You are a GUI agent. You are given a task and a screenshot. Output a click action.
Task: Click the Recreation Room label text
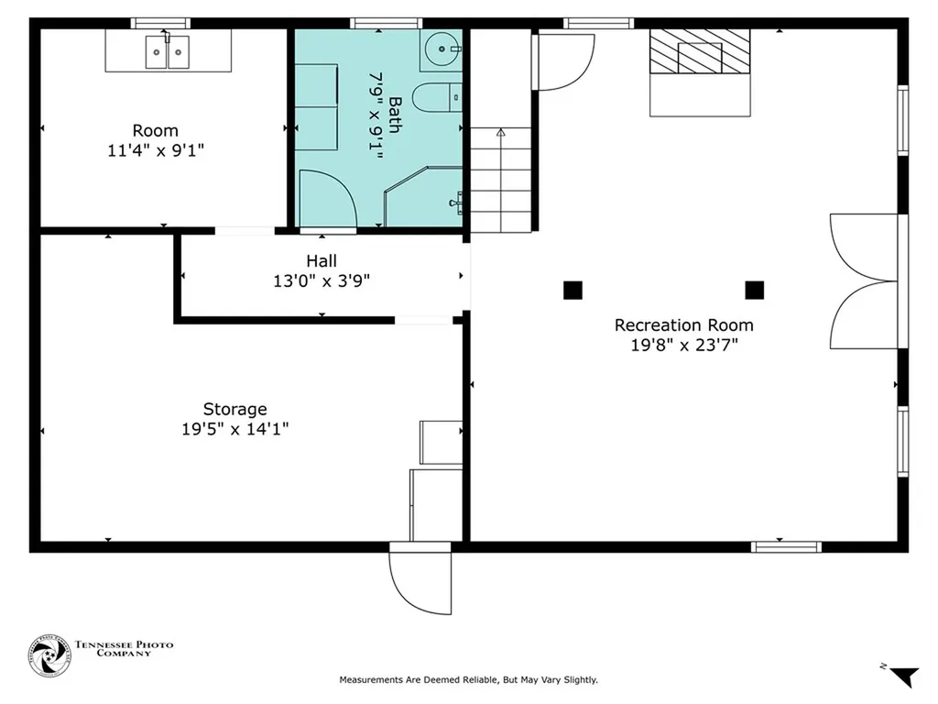click(683, 325)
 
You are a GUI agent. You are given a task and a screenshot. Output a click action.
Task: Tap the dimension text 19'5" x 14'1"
click(234, 428)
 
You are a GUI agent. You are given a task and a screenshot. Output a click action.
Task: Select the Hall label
click(322, 261)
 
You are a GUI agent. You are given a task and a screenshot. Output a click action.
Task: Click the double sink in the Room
click(168, 52)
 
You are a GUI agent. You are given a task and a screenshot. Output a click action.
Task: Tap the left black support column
click(573, 291)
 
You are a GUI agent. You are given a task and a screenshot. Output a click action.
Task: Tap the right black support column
click(754, 291)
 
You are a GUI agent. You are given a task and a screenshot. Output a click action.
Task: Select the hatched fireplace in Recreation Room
click(700, 51)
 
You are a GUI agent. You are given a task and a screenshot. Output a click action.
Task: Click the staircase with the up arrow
click(501, 179)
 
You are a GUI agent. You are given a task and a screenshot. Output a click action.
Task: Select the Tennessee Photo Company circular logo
click(49, 656)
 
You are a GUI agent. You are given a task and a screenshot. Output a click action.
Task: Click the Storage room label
click(234, 409)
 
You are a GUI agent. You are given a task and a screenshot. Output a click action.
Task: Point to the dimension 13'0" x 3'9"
click(322, 281)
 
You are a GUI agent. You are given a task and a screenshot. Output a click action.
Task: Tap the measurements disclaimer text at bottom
click(468, 680)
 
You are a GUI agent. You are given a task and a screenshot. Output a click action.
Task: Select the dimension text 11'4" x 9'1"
click(155, 150)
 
